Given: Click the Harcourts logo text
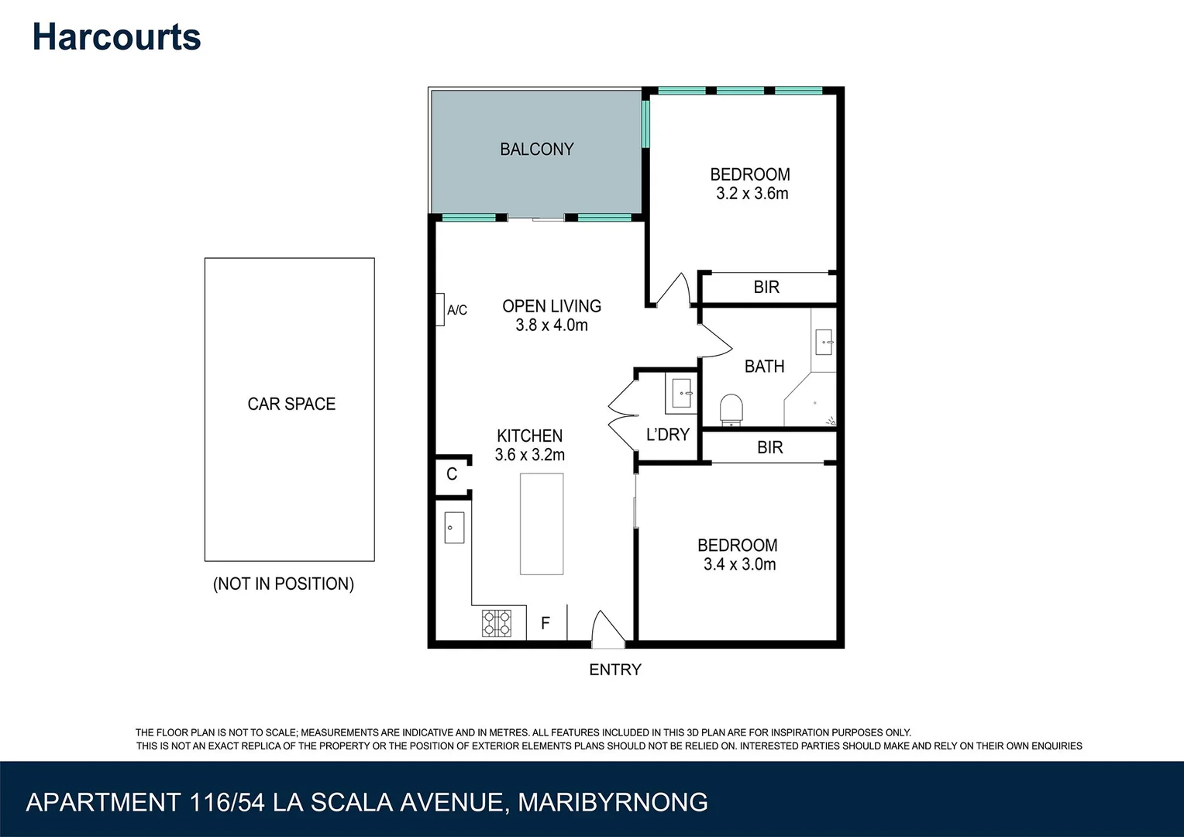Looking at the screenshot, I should tap(116, 37).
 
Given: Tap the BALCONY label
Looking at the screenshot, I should tap(536, 149).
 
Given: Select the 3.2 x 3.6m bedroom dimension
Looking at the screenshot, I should tap(752, 194).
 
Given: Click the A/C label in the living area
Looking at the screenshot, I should tap(457, 310).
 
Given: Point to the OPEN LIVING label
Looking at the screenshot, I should tap(551, 306).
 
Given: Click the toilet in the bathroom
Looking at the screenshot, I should tap(731, 409).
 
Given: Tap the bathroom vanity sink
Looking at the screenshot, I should tap(824, 341).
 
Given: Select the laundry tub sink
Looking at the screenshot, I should tap(682, 393).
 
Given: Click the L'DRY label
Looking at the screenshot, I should tap(667, 435).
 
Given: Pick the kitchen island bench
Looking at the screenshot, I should tap(541, 524).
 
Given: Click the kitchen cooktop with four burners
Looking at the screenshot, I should tap(497, 623).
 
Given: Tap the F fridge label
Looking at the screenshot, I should tap(546, 623).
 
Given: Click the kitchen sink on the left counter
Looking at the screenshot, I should tap(454, 528).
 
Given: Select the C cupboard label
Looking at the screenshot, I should tap(452, 474).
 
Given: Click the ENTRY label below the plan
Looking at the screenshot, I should tap(615, 670).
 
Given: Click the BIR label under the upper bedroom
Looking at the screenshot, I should tap(766, 288).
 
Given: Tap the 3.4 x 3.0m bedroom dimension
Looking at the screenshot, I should tap(739, 565).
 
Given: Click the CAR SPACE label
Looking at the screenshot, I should tap(291, 404).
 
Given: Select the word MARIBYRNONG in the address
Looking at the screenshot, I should tap(612, 802).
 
